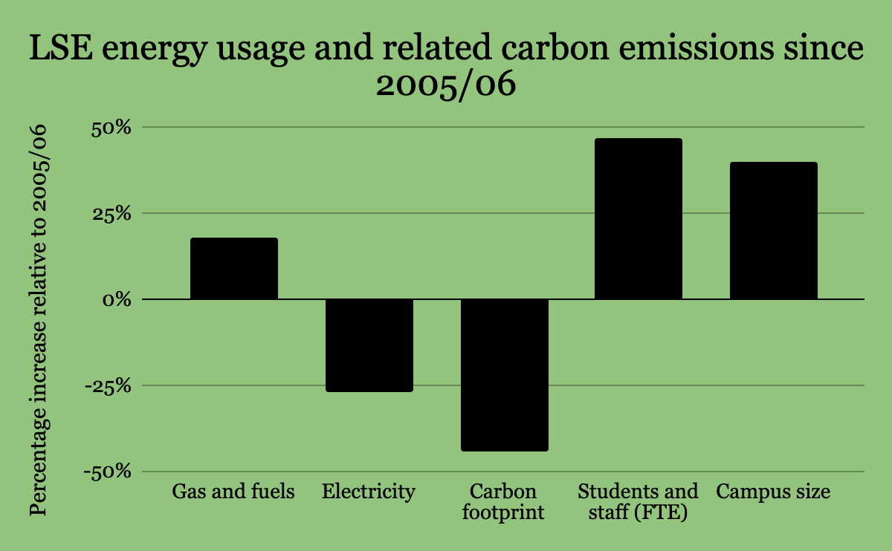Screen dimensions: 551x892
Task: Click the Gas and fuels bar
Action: pos(234,269)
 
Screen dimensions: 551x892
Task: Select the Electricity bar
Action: pos(369,345)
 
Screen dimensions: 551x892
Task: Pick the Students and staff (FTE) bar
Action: pos(639,219)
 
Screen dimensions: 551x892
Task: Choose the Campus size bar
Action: pos(773,231)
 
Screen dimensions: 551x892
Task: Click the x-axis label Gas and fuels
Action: pos(234,492)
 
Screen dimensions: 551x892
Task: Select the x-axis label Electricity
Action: pos(369,492)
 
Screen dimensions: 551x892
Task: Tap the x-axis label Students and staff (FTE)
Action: pos(639,502)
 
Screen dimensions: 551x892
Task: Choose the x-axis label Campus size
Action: pos(773,492)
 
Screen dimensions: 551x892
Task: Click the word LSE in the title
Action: pos(59,50)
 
